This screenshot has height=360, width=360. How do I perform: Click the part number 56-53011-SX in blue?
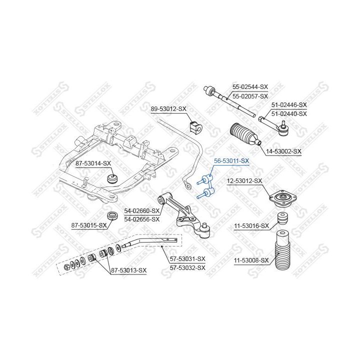(231, 161)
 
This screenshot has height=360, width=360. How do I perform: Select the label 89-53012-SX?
(168, 109)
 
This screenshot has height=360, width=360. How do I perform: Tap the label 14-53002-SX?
(283, 151)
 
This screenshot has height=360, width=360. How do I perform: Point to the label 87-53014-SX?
(93, 163)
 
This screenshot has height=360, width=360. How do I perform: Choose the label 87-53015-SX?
(89, 225)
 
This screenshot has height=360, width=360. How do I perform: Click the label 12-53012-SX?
(244, 181)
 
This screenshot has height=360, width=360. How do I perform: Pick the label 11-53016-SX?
(251, 226)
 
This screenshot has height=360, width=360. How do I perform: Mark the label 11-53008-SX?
(251, 260)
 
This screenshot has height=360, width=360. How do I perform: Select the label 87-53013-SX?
(128, 270)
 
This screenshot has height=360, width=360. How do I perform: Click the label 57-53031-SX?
(187, 259)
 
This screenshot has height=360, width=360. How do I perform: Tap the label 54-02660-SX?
(141, 210)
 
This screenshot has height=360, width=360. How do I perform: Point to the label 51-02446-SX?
(289, 105)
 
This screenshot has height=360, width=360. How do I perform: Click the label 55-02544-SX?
(250, 87)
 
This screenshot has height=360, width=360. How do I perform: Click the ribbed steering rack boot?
(245, 134)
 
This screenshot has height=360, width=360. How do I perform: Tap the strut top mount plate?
(283, 198)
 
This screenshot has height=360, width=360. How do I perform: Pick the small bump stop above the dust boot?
(283, 219)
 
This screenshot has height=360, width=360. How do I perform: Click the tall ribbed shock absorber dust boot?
(282, 250)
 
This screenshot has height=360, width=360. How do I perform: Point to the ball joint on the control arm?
(204, 230)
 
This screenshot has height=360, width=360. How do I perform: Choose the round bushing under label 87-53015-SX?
(113, 216)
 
